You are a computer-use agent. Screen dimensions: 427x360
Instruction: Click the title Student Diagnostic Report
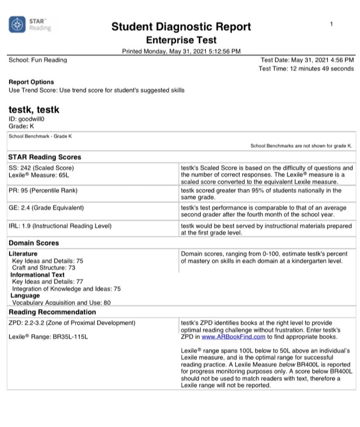click(181, 27)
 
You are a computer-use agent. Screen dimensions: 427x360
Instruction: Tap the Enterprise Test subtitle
click(181, 41)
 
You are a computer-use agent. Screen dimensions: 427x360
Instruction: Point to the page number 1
click(331, 24)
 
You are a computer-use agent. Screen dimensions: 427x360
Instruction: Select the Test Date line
click(307, 60)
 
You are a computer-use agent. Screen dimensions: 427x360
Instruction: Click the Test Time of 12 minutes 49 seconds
click(306, 69)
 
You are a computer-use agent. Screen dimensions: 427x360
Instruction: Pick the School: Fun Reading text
click(38, 60)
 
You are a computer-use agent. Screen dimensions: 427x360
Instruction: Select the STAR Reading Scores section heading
click(45, 157)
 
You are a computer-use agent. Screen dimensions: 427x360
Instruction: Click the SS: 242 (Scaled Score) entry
click(41, 168)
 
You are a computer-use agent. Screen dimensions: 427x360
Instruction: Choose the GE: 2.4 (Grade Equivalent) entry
click(46, 208)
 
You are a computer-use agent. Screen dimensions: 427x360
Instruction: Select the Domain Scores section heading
click(34, 243)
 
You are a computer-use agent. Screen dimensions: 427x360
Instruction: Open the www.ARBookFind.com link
click(233, 337)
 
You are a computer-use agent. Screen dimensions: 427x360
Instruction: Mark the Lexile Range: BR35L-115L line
click(48, 337)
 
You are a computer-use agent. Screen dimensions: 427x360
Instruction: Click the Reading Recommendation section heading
click(52, 312)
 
